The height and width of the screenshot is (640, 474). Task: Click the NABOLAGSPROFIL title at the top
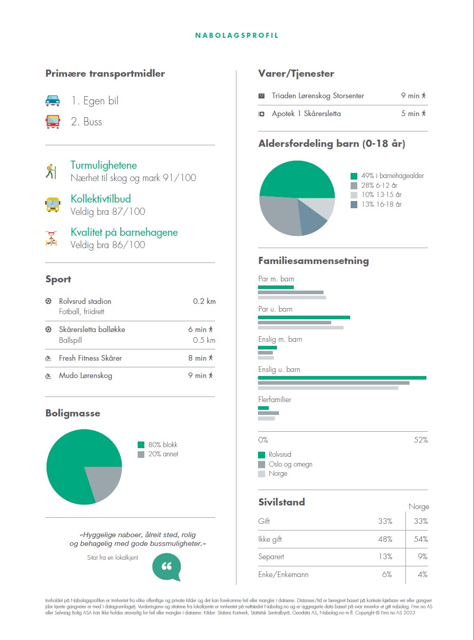(x=237, y=36)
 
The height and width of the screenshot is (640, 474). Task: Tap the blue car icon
(x=53, y=101)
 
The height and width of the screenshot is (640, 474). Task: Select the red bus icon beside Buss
(x=53, y=122)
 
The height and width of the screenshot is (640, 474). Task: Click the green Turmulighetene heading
(x=103, y=165)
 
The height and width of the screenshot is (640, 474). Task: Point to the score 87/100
(x=132, y=211)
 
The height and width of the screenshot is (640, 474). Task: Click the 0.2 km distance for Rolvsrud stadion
(x=204, y=301)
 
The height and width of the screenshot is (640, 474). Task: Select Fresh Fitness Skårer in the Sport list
(x=90, y=358)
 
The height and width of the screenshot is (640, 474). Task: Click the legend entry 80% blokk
(x=163, y=445)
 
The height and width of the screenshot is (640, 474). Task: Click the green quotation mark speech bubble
(x=167, y=567)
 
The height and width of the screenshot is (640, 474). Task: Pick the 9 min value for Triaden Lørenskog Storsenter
(x=411, y=96)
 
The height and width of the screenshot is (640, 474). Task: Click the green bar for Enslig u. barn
(x=342, y=378)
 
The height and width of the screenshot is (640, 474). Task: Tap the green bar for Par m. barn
(x=276, y=287)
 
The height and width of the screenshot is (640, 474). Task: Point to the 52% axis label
(x=420, y=440)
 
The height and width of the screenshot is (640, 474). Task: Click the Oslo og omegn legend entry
(x=290, y=465)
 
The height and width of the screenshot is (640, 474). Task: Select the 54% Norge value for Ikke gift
(x=420, y=539)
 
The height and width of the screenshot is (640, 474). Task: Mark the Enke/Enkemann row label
(x=283, y=575)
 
